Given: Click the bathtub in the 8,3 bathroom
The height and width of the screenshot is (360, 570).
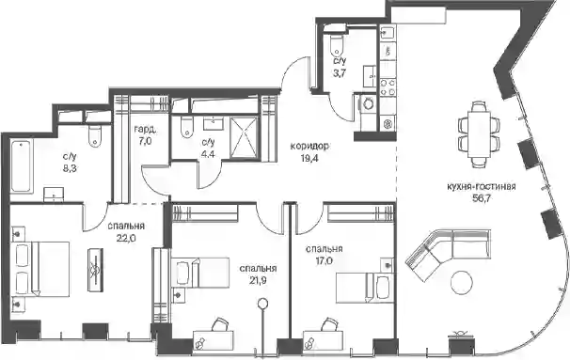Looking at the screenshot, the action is pyautogui.click(x=22, y=165).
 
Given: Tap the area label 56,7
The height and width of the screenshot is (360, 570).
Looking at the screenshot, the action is pyautogui.click(x=482, y=198).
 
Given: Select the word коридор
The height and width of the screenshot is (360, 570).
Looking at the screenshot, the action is pyautogui.click(x=309, y=147).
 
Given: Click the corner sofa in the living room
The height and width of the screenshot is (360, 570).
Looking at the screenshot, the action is pyautogui.click(x=448, y=253).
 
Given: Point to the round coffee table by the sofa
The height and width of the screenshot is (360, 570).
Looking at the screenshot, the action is pyautogui.click(x=462, y=282).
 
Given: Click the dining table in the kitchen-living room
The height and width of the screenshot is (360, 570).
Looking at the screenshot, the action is pyautogui.click(x=479, y=134).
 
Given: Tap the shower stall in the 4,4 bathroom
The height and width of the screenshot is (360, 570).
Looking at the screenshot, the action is pyautogui.click(x=244, y=138).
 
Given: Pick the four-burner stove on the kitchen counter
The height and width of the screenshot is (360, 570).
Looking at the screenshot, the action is pyautogui.click(x=388, y=87).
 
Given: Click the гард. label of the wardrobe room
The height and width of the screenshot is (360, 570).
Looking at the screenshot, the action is pyautogui.click(x=146, y=129).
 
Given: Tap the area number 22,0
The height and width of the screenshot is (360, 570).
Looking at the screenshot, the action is pyautogui.click(x=126, y=238).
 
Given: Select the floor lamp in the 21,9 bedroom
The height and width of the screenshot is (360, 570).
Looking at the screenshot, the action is pyautogui.click(x=262, y=320).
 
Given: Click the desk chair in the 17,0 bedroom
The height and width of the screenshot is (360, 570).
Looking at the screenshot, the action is pyautogui.click(x=330, y=324).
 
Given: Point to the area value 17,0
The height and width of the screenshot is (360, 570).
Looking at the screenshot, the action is pyautogui.click(x=325, y=261).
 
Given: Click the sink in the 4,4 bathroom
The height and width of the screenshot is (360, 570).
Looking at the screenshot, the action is pyautogui.click(x=214, y=123).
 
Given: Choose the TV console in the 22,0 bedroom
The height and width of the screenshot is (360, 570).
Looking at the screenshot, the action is pyautogui.click(x=95, y=269).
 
